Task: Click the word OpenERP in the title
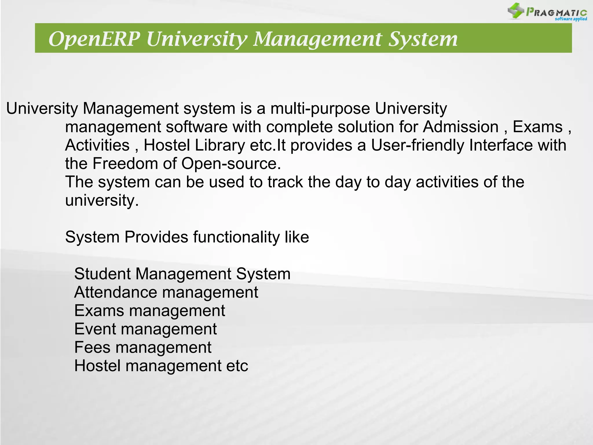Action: [x=94, y=39]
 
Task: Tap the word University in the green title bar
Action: [x=197, y=39]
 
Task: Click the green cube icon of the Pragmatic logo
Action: [x=516, y=11]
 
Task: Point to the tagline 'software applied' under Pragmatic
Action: [x=571, y=19]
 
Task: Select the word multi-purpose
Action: [x=320, y=109]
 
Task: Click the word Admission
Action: [x=460, y=127]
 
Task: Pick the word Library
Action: [x=220, y=145]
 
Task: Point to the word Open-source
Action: [x=231, y=164]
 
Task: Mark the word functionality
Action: [x=236, y=237]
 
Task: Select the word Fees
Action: [x=92, y=347]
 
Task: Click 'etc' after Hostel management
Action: [x=237, y=366]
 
